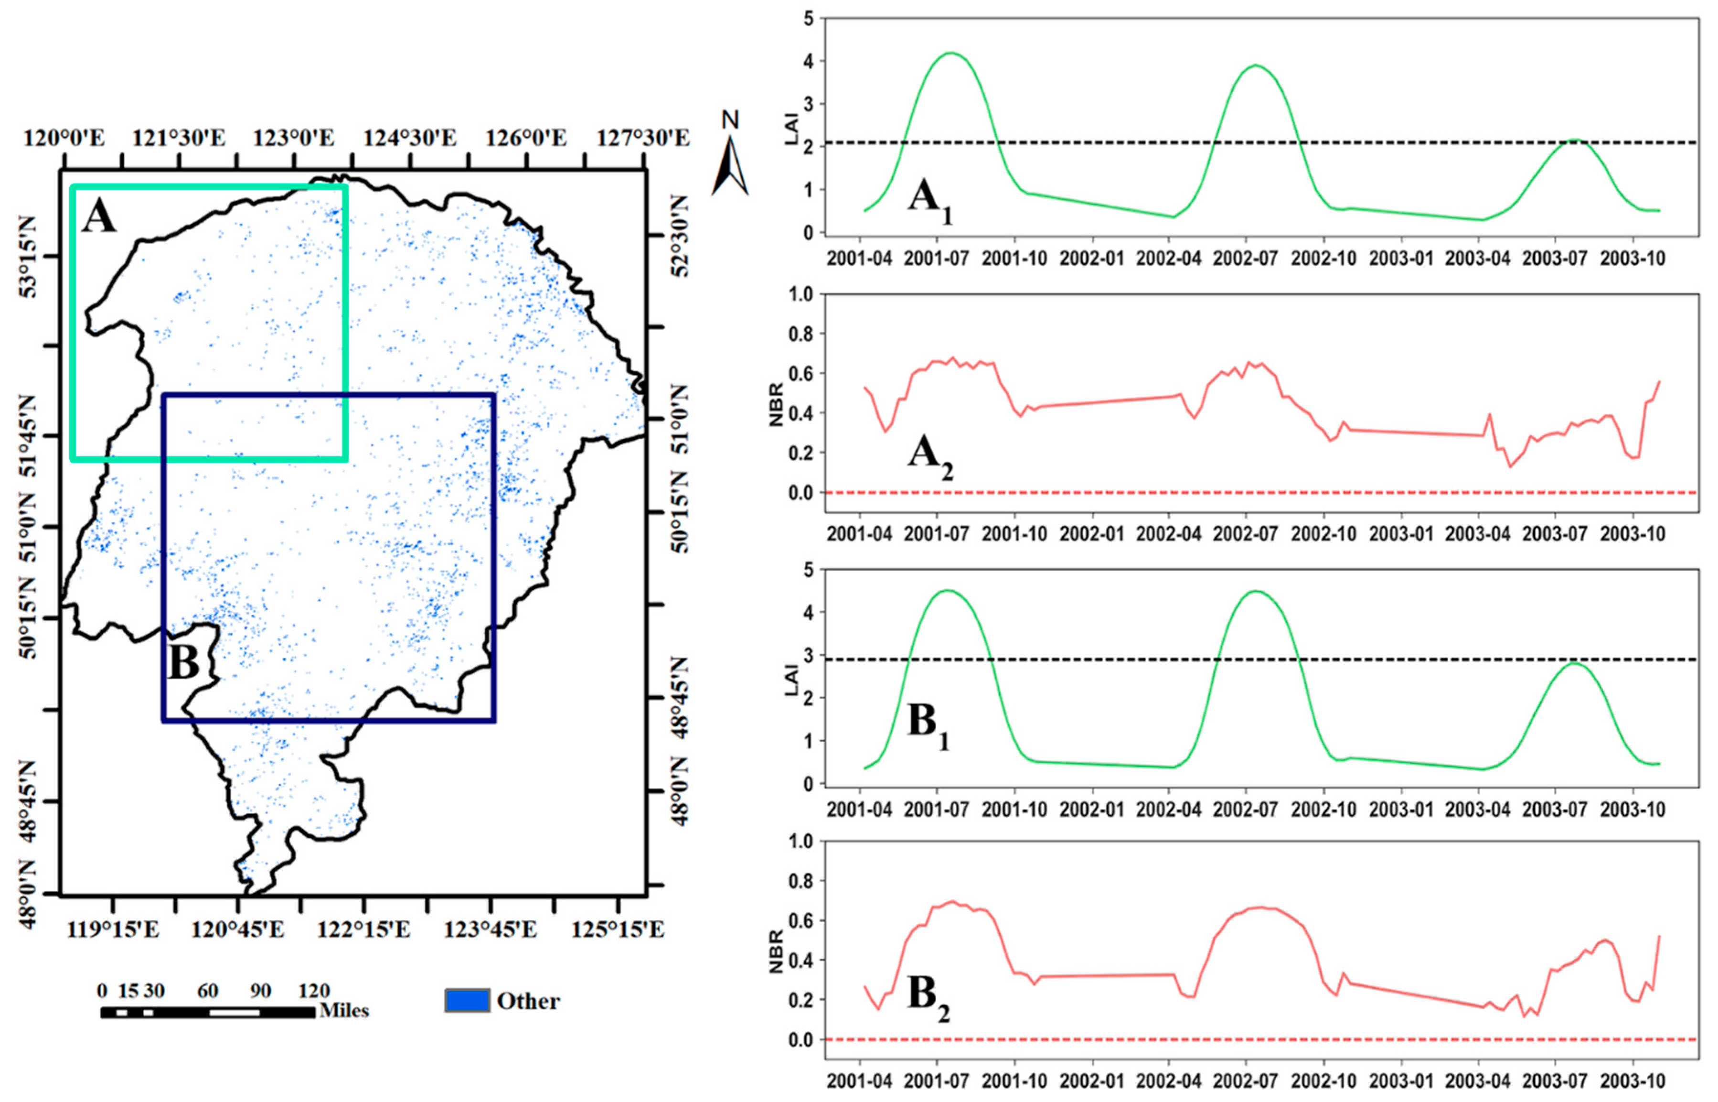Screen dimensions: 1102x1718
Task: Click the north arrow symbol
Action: point(729,166)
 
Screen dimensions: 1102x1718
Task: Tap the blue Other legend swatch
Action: point(467,1000)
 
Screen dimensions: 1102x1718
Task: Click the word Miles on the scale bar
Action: point(344,1010)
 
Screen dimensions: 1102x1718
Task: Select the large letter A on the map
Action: point(99,216)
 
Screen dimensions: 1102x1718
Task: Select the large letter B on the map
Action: point(184,662)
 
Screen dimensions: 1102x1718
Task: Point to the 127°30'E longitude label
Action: point(643,138)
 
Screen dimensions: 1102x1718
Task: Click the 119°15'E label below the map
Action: point(113,929)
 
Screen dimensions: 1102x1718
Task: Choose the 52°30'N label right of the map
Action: point(680,236)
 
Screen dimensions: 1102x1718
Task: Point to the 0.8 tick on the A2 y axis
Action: point(801,334)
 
